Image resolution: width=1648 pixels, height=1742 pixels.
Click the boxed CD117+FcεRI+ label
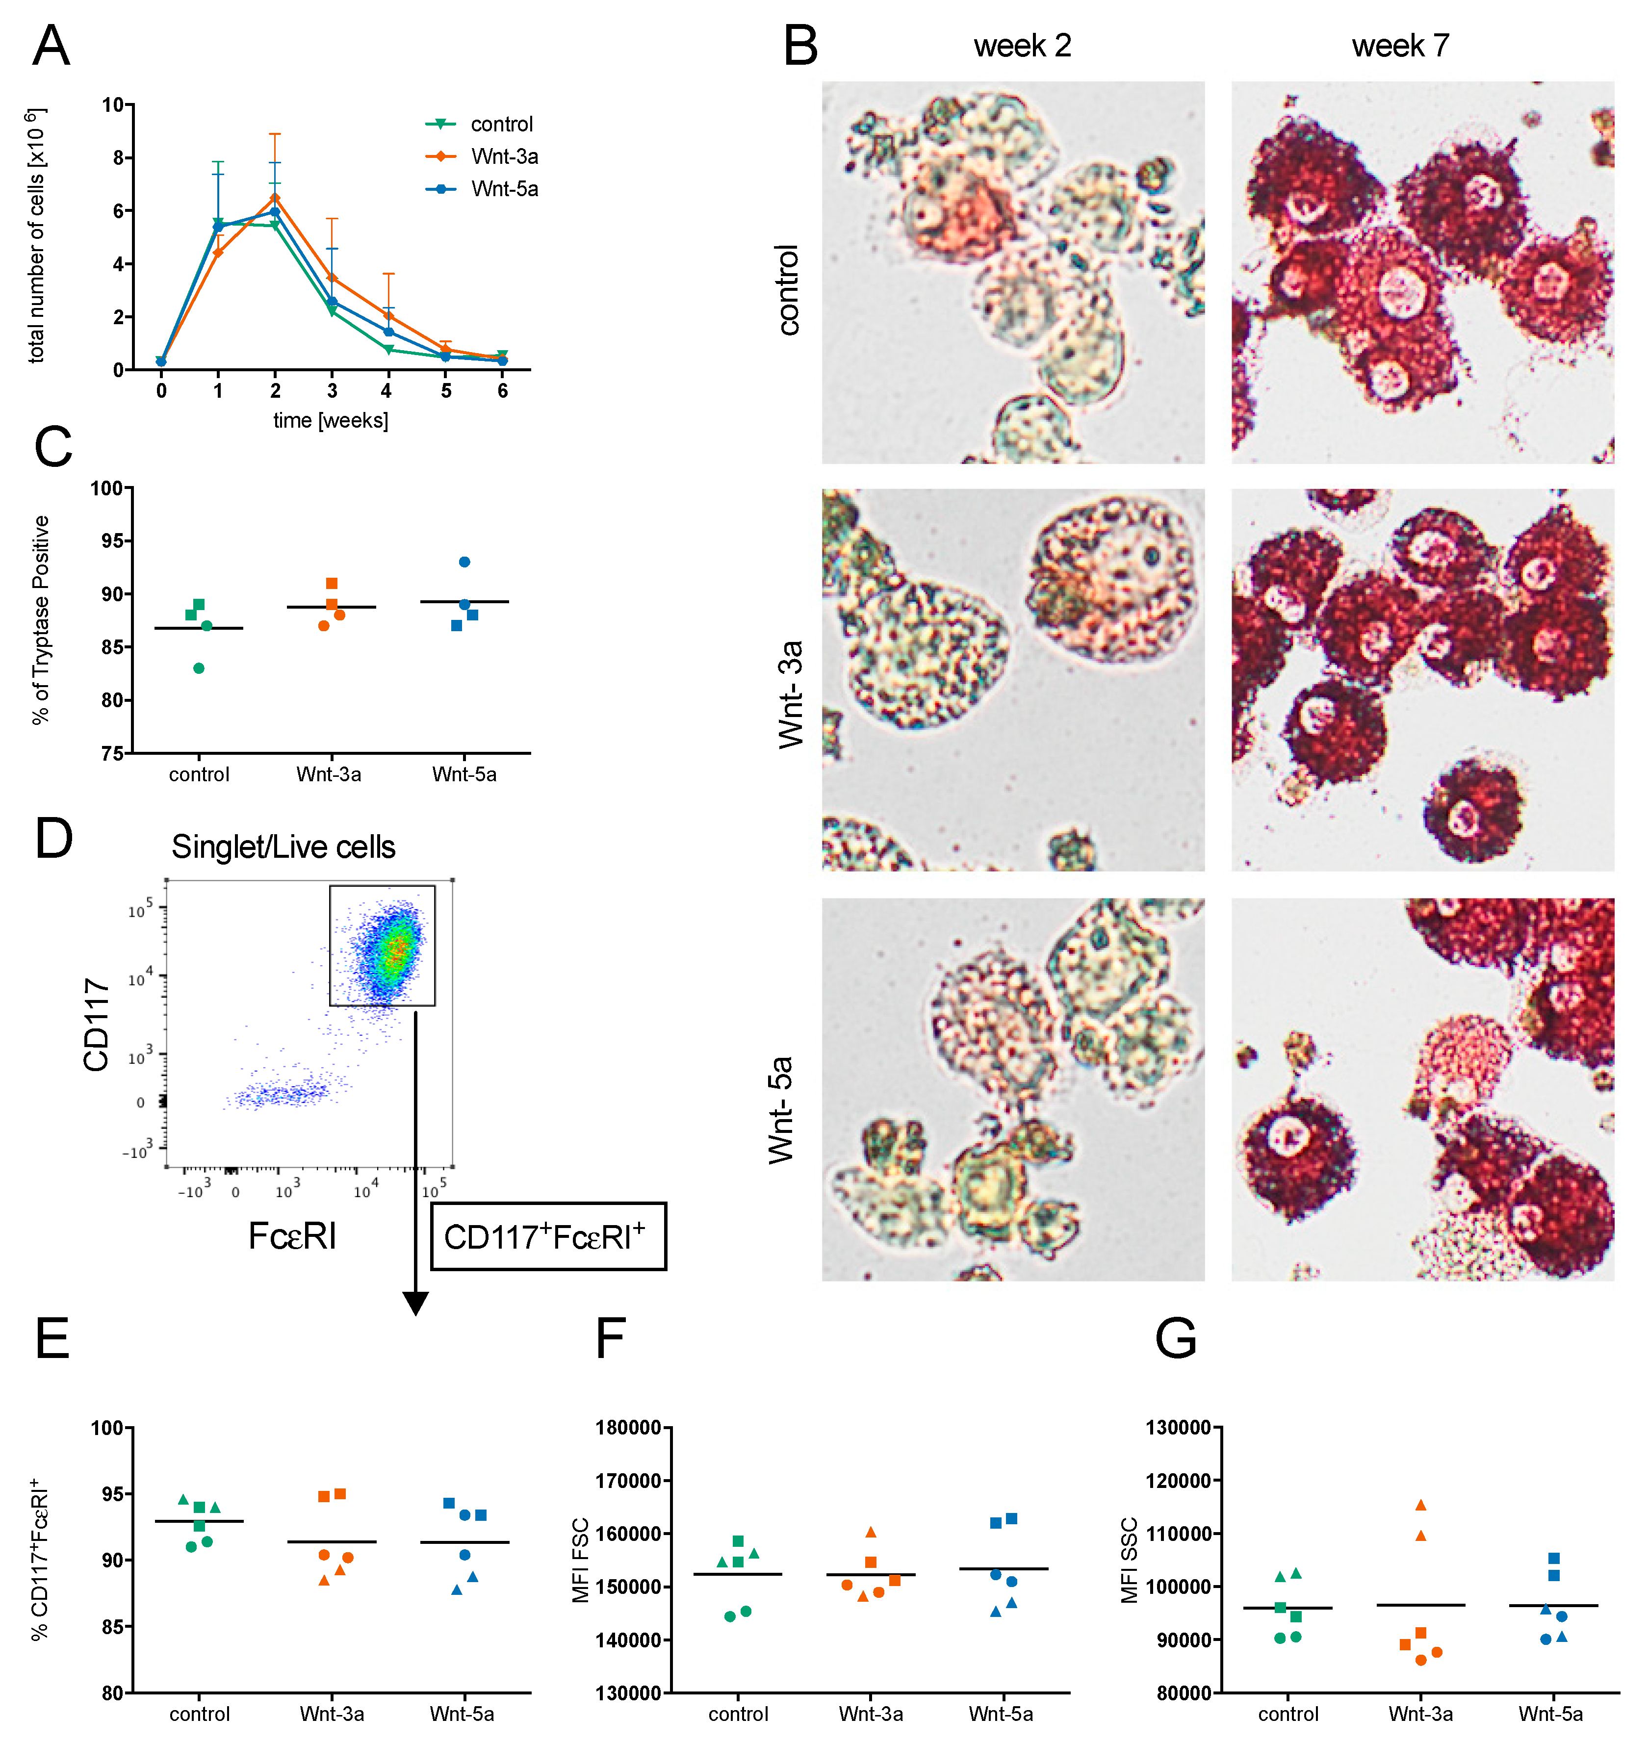click(x=547, y=1236)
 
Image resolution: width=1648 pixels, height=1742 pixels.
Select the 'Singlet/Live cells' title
click(x=283, y=847)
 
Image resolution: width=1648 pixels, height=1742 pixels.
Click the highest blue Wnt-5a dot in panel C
click(x=464, y=562)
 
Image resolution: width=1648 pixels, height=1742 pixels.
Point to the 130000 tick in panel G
click(x=1178, y=1428)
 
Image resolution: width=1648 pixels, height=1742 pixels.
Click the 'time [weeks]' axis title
click(x=330, y=420)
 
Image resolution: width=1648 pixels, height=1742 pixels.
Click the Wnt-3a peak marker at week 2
click(x=275, y=198)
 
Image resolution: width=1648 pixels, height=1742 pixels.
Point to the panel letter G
click(x=1175, y=1338)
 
